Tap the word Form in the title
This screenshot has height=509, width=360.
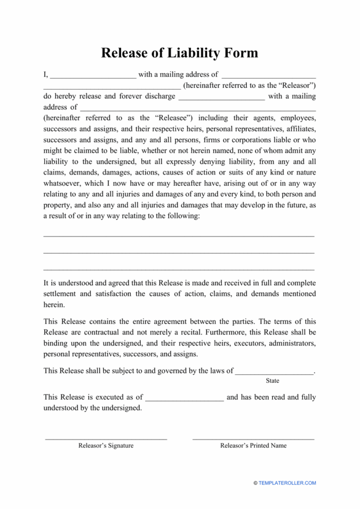[x=240, y=53]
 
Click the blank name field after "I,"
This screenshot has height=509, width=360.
[x=93, y=75]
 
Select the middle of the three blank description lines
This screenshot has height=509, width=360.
[x=179, y=252]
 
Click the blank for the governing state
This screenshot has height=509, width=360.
[x=274, y=371]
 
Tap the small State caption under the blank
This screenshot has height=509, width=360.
[x=272, y=381]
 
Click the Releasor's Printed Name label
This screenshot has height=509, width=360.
[x=253, y=446]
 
